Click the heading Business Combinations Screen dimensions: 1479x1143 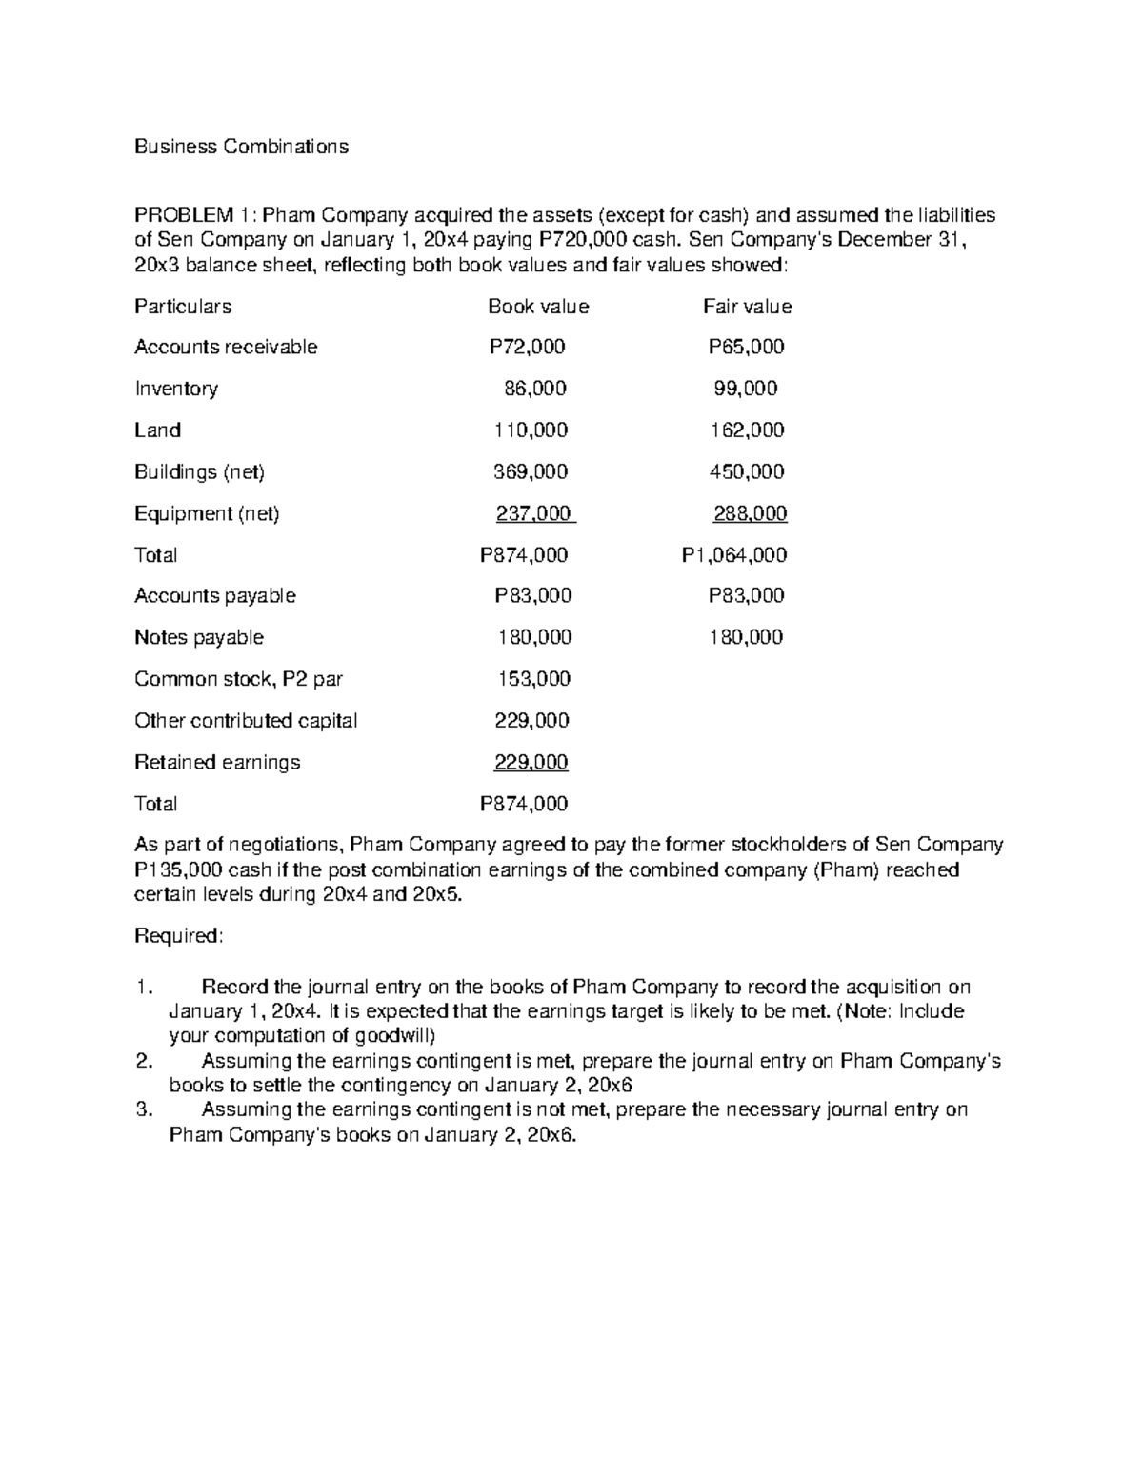tap(241, 147)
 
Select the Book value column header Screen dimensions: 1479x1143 tap(538, 307)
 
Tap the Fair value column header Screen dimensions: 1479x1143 tap(747, 307)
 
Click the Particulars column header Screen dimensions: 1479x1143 tap(183, 307)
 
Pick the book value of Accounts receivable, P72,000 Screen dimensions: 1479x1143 tap(527, 348)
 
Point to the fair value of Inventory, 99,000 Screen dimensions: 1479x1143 tap(746, 389)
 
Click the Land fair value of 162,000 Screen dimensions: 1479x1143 tap(747, 430)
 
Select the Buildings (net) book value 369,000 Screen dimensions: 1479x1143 tap(531, 472)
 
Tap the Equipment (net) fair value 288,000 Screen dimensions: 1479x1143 tap(750, 514)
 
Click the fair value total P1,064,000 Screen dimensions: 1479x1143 tap(733, 555)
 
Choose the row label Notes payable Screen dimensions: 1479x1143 tap(199, 637)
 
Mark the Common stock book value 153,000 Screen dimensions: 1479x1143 tap(534, 679)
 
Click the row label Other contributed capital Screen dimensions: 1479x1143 tap(246, 721)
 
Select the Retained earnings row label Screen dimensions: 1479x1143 tap(217, 763)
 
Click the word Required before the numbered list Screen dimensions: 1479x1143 tap(177, 936)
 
